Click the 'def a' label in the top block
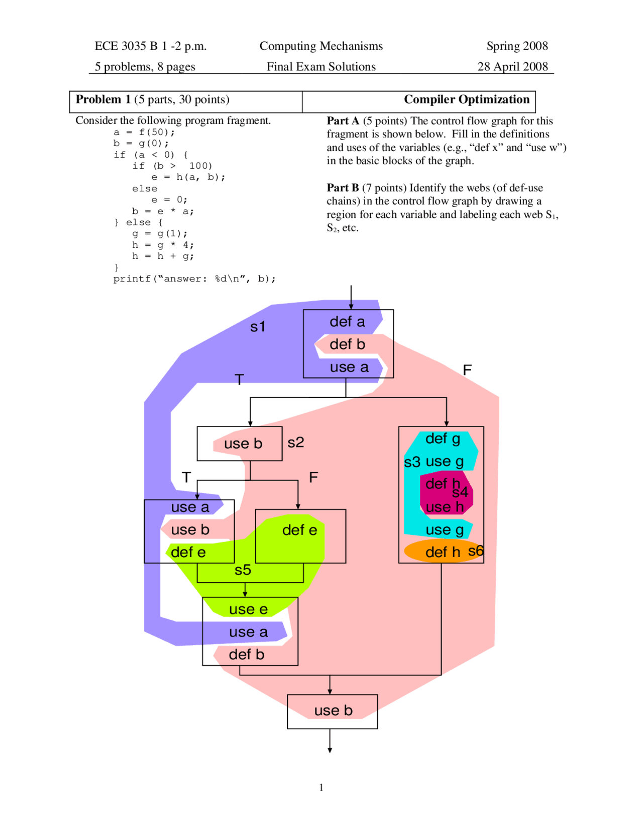click(347, 322)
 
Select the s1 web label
click(258, 327)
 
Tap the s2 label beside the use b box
click(296, 443)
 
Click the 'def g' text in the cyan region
click(443, 439)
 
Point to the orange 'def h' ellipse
click(442, 552)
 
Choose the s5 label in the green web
click(243, 570)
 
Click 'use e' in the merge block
click(248, 609)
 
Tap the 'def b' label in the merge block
click(246, 654)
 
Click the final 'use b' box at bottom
click(333, 711)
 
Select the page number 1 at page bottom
click(321, 787)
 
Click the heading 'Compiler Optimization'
click(466, 99)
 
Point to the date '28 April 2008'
click(512, 67)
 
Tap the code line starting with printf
click(194, 279)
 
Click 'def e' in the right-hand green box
click(299, 530)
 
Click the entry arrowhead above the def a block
click(351, 306)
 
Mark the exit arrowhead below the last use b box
click(330, 750)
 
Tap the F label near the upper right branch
click(467, 370)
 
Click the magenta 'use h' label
click(444, 507)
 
